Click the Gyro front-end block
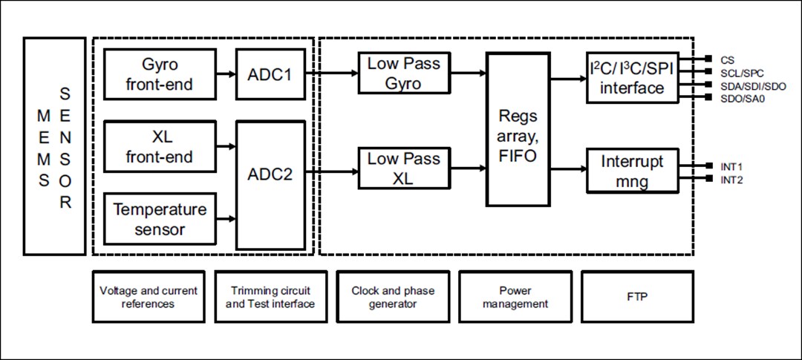coord(159,74)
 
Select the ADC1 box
coord(270,74)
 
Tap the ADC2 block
coord(270,175)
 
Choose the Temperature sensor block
coord(159,219)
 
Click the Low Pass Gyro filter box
coord(403,73)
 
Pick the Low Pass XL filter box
coord(403,168)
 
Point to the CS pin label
coord(727,59)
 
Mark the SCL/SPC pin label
coord(742,73)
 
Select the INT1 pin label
coord(731,167)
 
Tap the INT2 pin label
coord(731,180)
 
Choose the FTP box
coord(636,297)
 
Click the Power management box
coord(515,297)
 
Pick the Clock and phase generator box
coord(393,297)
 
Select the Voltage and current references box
coord(149,297)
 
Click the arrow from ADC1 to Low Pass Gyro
coord(330,73)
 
